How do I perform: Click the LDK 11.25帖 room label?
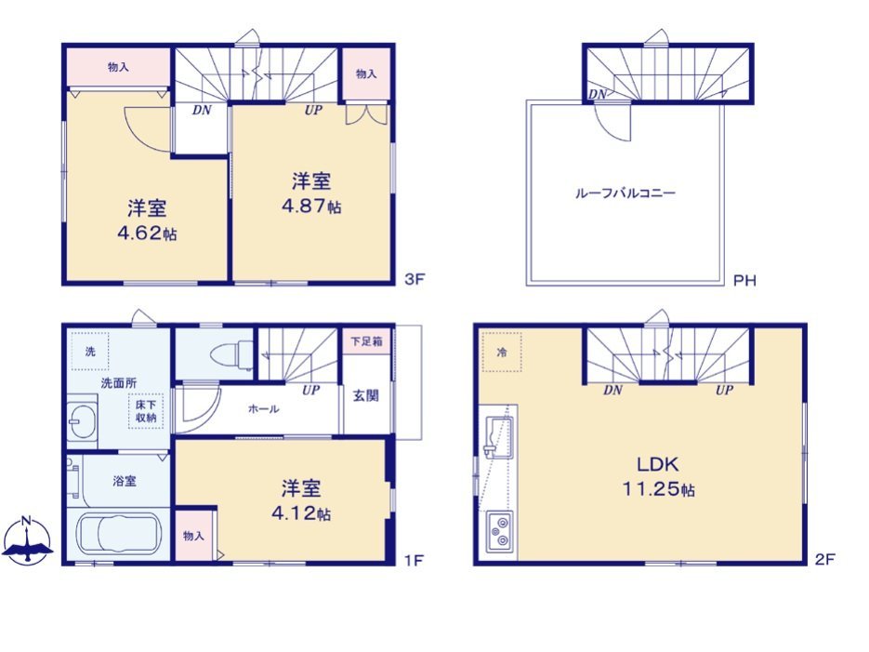[658, 476]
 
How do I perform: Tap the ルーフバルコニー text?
[625, 193]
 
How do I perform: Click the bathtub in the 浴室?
[118, 535]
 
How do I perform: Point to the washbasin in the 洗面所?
[82, 420]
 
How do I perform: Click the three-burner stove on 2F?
[499, 531]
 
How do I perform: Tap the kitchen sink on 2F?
[498, 438]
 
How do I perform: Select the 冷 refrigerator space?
[502, 353]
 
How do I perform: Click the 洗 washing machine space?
[89, 351]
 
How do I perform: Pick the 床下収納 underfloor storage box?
[146, 411]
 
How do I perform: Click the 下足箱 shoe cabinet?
[366, 341]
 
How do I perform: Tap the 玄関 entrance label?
[366, 396]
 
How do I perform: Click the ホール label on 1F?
[263, 409]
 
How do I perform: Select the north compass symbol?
[27, 540]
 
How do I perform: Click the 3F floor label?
[414, 279]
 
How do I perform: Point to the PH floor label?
[744, 281]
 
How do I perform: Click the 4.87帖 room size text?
[311, 206]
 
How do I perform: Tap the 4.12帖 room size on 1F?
[301, 513]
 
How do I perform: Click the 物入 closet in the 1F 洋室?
[194, 536]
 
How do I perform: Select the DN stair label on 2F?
[613, 390]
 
